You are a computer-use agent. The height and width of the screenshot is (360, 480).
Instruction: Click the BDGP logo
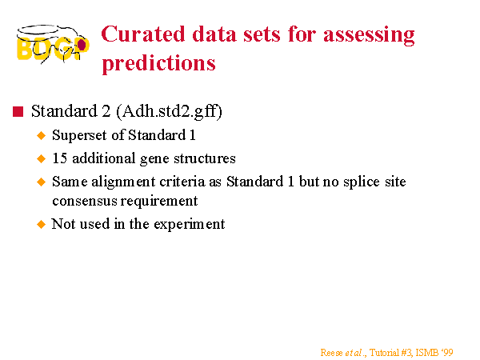53,44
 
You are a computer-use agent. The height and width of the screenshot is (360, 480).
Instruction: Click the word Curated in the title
143,34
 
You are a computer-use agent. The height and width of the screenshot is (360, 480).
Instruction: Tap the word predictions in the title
159,64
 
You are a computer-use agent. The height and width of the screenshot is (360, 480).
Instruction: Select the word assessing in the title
369,35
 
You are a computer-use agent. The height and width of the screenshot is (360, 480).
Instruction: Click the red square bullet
18,111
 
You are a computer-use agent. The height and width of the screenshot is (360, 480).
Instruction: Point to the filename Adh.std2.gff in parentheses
169,111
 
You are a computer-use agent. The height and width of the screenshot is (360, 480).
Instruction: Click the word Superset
79,135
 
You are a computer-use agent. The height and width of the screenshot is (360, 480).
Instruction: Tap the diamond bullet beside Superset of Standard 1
41,136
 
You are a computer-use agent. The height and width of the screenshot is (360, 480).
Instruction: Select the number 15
60,158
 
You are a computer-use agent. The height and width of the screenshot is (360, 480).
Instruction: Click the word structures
205,158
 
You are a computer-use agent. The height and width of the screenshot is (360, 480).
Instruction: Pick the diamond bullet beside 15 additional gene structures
41,158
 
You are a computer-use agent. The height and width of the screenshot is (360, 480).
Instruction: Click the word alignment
123,182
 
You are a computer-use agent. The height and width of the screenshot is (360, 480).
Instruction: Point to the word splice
362,182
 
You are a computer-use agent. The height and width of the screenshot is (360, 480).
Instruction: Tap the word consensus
85,201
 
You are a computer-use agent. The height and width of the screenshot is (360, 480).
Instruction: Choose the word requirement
159,202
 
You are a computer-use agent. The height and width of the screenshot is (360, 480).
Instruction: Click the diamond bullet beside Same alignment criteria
41,182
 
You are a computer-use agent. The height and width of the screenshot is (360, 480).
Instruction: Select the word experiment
189,224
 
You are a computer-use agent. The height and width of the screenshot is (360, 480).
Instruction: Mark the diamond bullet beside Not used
41,224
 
